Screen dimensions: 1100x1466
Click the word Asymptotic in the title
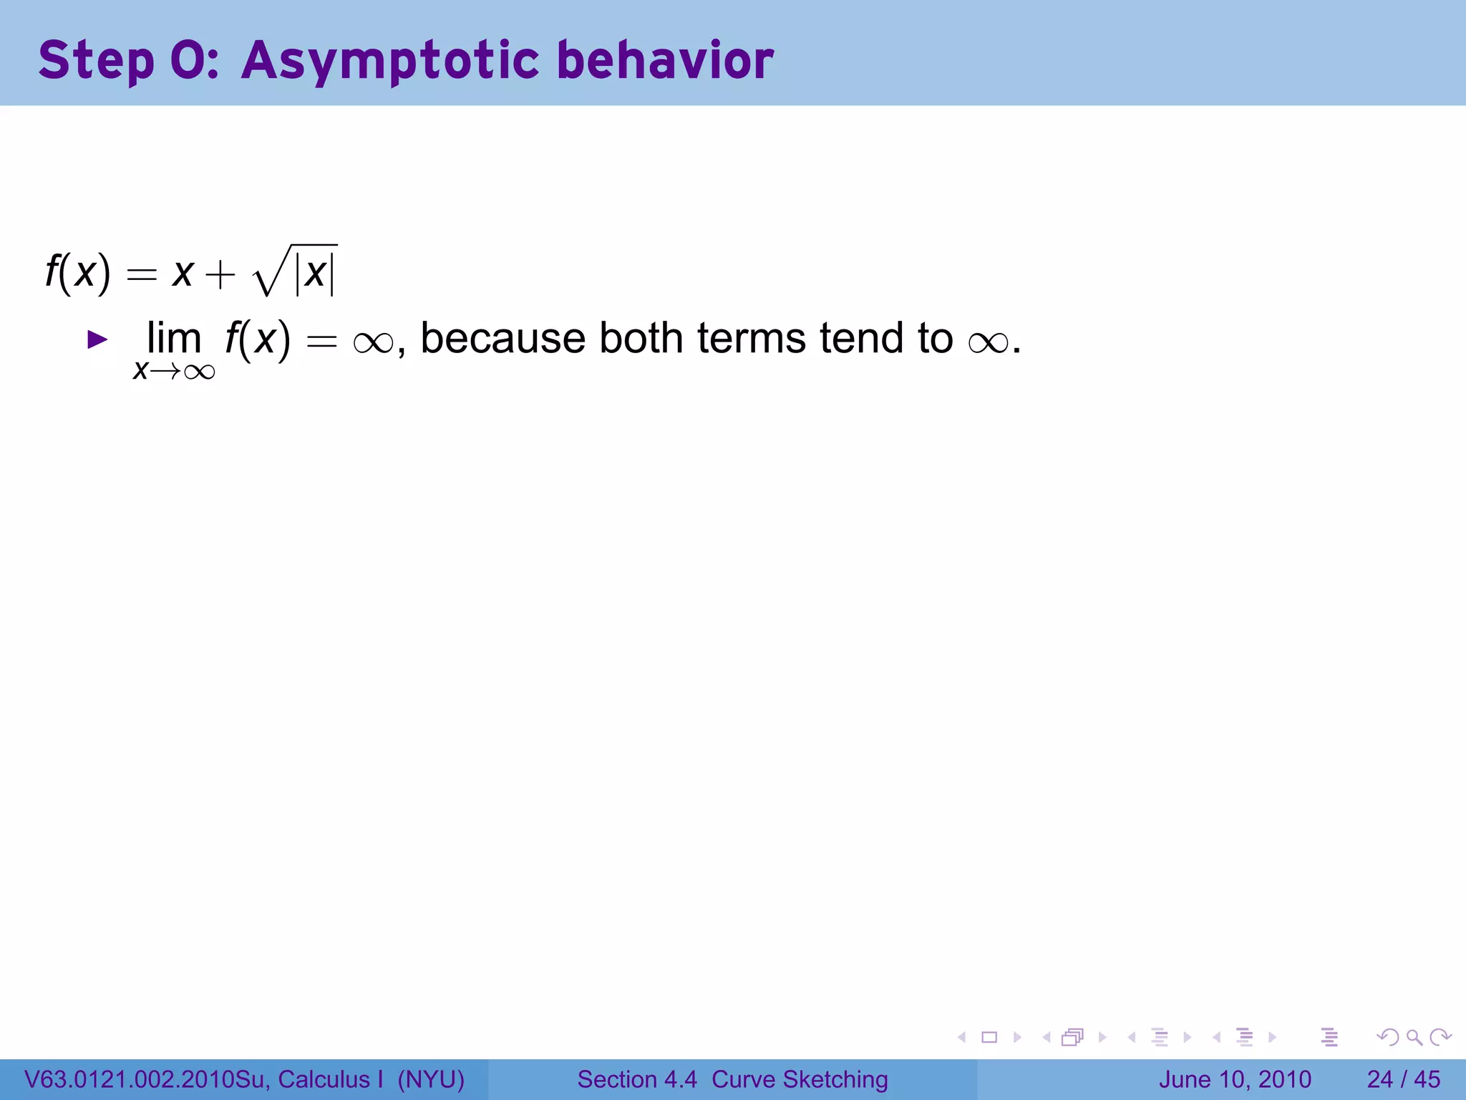pyautogui.click(x=390, y=60)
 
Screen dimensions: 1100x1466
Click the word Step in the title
pyautogui.click(x=96, y=60)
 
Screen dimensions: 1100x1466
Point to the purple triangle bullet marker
pyautogui.click(x=97, y=339)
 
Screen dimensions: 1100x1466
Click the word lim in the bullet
pyautogui.click(x=174, y=338)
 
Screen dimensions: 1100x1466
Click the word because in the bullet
pyautogui.click(x=503, y=338)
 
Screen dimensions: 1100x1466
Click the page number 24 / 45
pyautogui.click(x=1403, y=1079)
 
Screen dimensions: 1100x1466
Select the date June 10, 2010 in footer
pyautogui.click(x=1235, y=1079)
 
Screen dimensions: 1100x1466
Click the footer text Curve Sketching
pyautogui.click(x=800, y=1079)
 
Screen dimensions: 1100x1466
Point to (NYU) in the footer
pyautogui.click(x=432, y=1079)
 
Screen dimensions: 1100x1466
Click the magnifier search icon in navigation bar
pyautogui.click(x=1414, y=1037)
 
